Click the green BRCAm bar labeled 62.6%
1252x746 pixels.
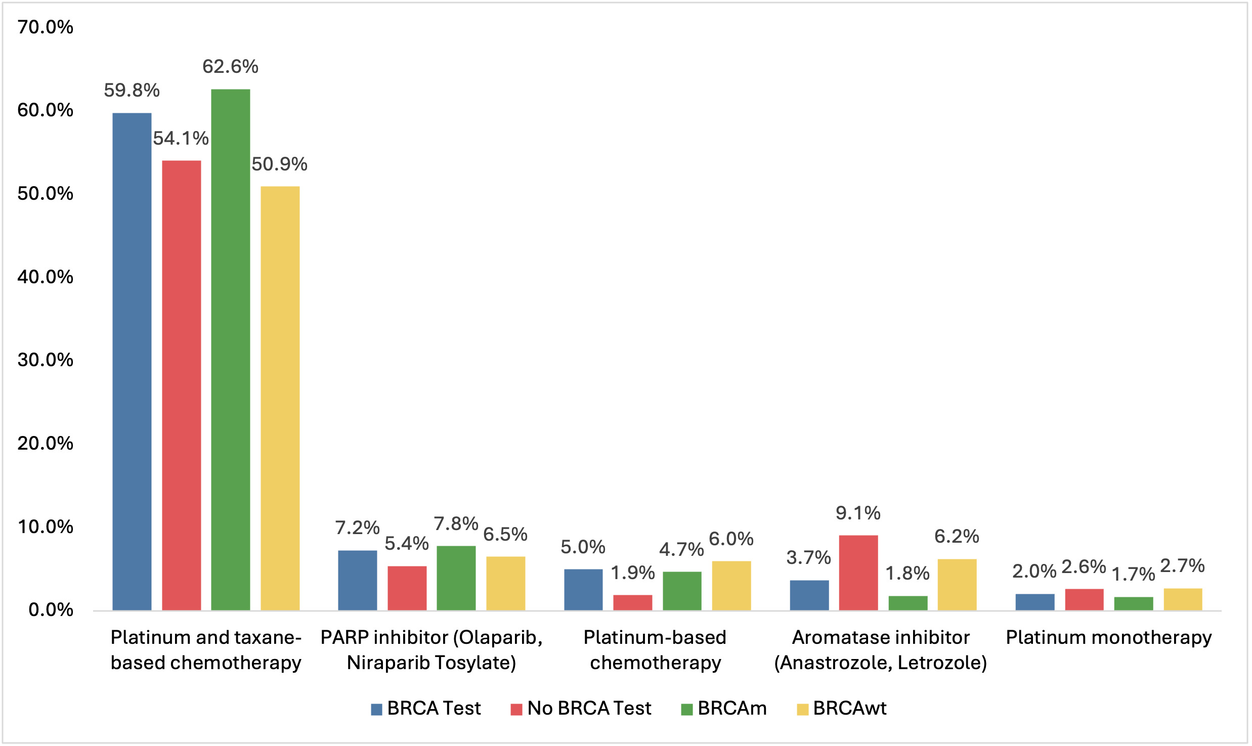pyautogui.click(x=230, y=349)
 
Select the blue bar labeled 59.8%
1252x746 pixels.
pyautogui.click(x=132, y=361)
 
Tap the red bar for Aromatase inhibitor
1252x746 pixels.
pyautogui.click(x=858, y=573)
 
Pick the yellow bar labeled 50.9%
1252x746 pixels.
pyautogui.click(x=280, y=398)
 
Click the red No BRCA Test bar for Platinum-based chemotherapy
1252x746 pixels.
pyautogui.click(x=632, y=602)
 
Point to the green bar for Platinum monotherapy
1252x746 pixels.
pyautogui.click(x=1134, y=603)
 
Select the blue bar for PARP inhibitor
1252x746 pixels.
pyautogui.click(x=357, y=580)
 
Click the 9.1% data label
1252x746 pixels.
pyautogui.click(x=858, y=513)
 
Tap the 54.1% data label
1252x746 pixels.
pyautogui.click(x=181, y=138)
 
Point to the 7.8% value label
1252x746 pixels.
pyautogui.click(x=456, y=524)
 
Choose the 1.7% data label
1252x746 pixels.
pyautogui.click(x=1133, y=574)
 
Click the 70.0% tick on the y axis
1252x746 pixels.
pyautogui.click(x=46, y=27)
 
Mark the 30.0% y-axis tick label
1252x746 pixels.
pyautogui.click(x=46, y=360)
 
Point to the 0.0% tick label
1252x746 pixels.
pyautogui.click(x=51, y=609)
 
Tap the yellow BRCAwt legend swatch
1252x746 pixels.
pyautogui.click(x=802, y=709)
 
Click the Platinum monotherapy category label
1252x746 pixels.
pyautogui.click(x=1109, y=637)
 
